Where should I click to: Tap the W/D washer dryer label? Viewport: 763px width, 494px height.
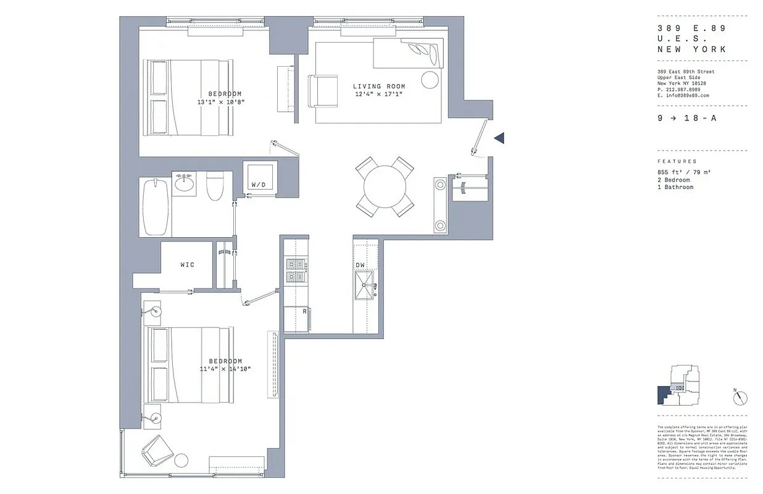258,185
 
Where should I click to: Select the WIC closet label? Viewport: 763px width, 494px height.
187,265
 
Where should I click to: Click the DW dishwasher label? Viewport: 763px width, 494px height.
361,266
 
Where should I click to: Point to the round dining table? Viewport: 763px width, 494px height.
385,186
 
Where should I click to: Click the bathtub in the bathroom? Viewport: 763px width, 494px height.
155,207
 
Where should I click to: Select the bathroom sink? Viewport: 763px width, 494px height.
184,183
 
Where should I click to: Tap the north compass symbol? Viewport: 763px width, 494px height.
740,398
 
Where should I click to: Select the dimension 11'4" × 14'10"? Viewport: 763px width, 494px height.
225,369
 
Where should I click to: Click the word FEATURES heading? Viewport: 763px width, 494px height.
677,161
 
